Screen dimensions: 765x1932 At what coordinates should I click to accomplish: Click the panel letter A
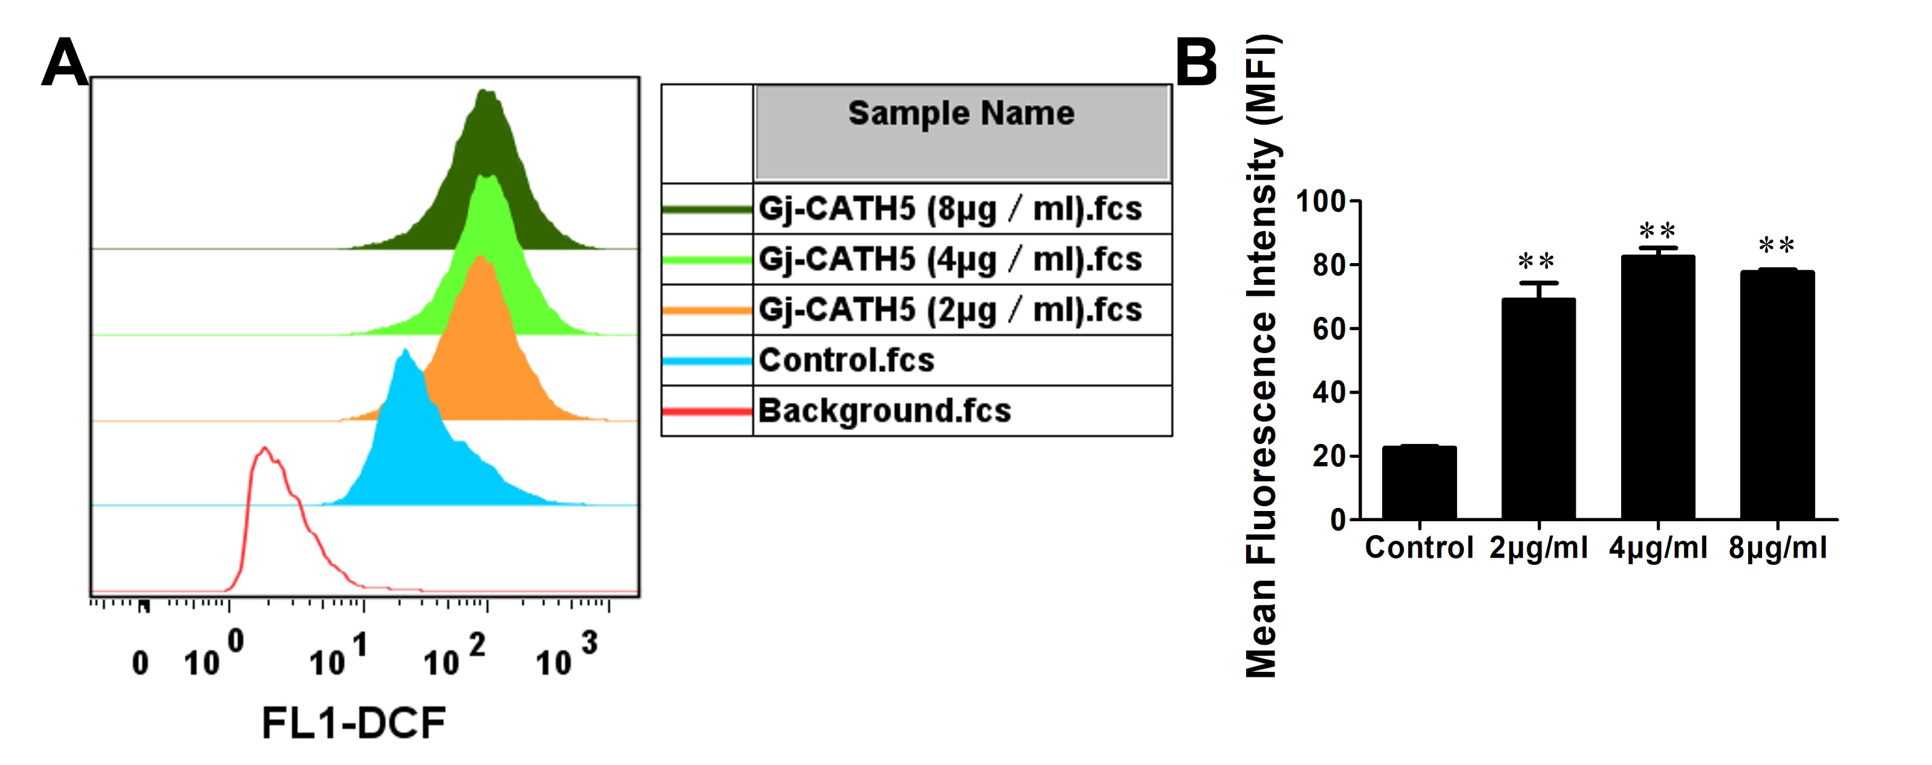65,63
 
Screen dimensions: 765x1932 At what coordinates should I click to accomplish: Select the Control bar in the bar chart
1419,484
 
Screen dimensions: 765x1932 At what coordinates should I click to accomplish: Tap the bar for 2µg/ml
1538,409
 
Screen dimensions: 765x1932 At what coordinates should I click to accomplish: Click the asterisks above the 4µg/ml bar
1657,230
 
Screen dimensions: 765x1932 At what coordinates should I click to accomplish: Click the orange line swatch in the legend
707,310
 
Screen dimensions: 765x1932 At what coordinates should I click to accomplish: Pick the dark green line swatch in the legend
707,209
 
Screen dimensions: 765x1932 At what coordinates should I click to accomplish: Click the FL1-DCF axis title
353,724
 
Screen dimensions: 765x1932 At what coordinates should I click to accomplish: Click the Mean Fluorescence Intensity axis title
1262,356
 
